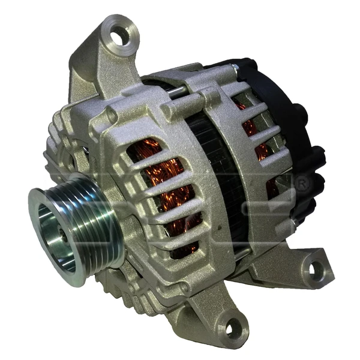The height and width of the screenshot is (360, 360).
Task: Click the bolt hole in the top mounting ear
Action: pos(120,37)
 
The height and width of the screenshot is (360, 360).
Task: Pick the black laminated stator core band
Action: pos(207,168)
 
